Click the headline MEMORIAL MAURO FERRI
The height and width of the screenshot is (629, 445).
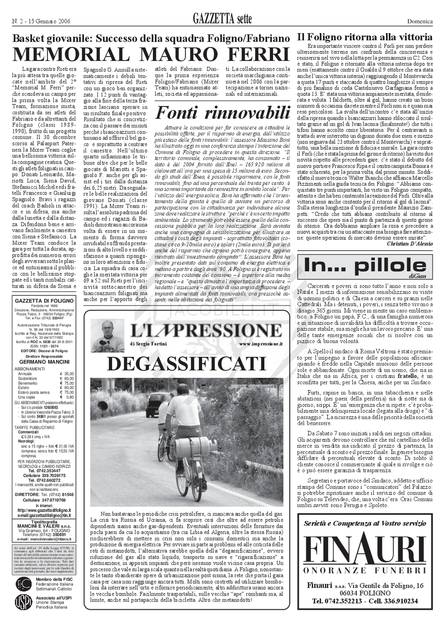point(151,55)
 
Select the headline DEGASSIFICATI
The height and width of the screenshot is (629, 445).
point(186,364)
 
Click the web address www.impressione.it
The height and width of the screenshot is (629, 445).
point(261,344)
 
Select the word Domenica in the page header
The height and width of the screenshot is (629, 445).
point(420,21)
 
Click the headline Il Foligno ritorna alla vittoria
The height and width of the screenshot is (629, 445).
point(365,37)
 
